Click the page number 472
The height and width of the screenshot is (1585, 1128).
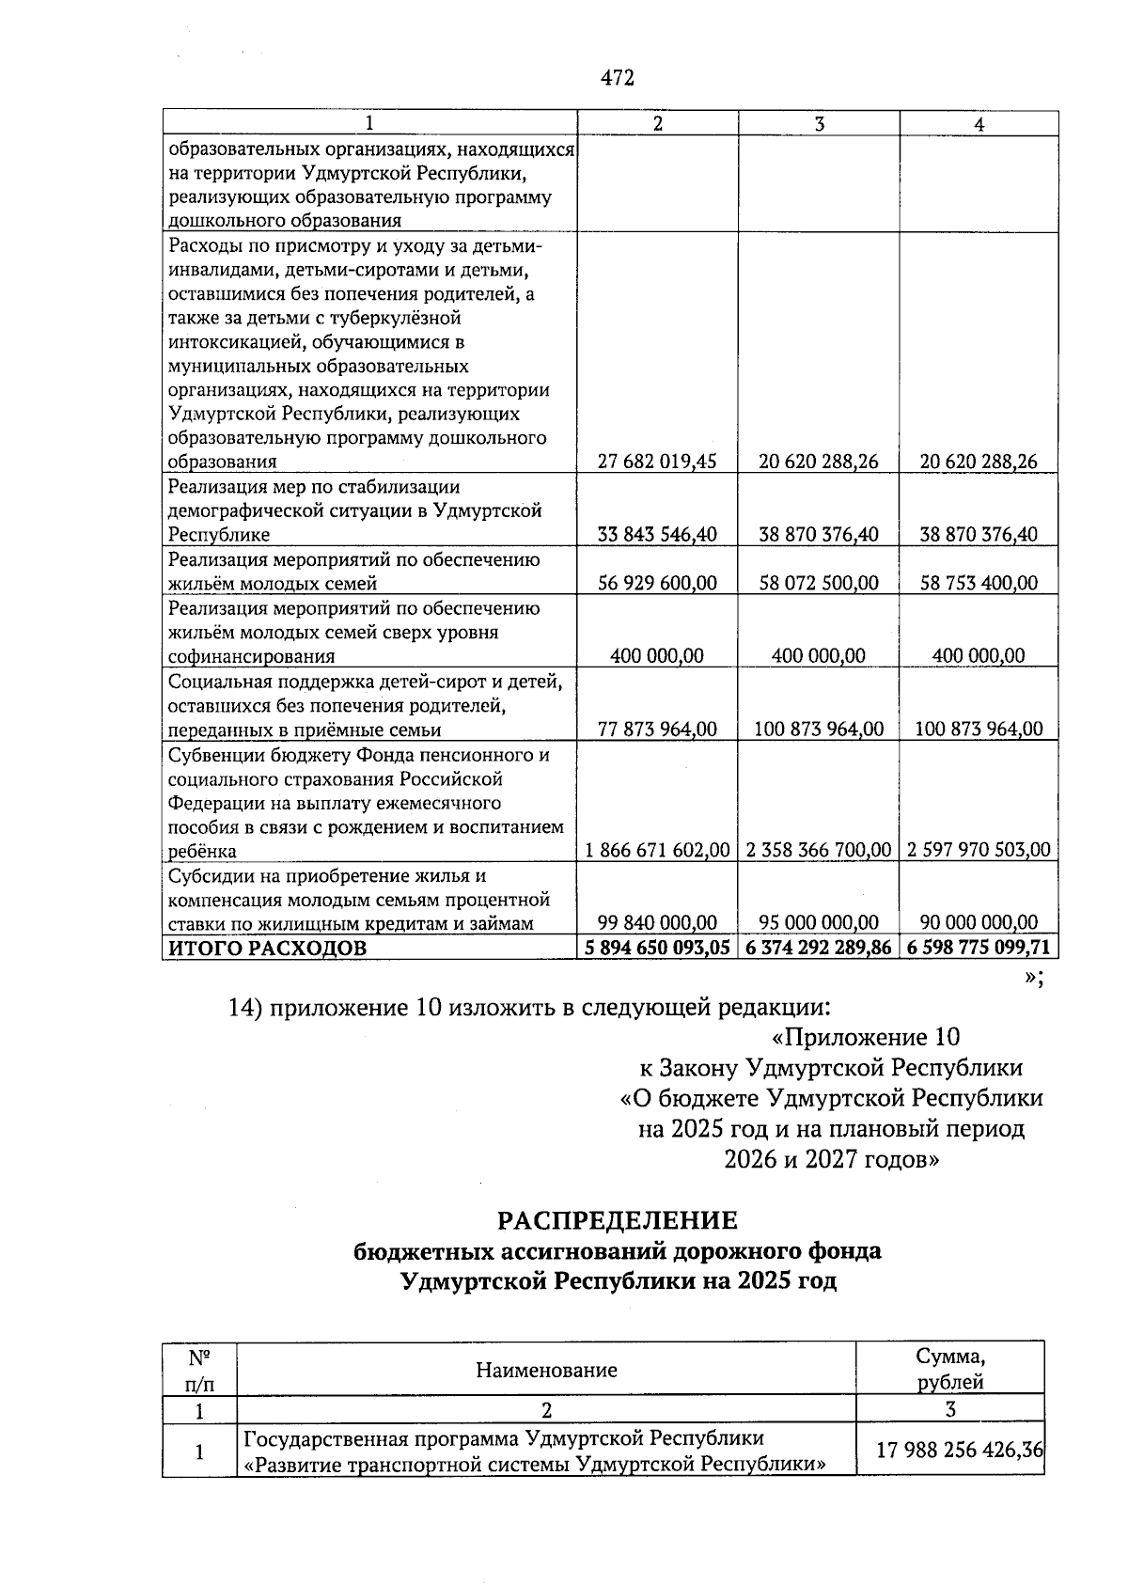(618, 78)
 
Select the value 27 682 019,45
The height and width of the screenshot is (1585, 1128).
(657, 462)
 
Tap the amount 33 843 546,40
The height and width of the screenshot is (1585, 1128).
(657, 535)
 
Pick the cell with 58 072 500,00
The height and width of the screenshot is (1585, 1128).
(819, 583)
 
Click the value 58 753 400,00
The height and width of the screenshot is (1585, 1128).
(979, 583)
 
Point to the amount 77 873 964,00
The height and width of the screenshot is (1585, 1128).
(657, 729)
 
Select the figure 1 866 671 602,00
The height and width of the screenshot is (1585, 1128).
(657, 850)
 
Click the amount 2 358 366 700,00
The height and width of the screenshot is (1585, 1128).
(819, 850)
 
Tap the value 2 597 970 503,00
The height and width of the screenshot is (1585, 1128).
(979, 850)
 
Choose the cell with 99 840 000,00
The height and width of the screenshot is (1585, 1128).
(657, 922)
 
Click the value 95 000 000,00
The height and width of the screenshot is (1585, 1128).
(819, 922)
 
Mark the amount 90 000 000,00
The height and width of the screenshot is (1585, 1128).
(979, 922)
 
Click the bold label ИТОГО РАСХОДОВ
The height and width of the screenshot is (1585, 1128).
(267, 948)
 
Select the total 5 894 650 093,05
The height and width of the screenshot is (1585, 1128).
(657, 948)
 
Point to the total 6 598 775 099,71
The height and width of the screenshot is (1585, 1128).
(979, 948)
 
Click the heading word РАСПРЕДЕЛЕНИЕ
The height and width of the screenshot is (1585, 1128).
(618, 1221)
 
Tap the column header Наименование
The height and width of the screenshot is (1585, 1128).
(546, 1370)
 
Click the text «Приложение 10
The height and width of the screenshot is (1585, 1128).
(865, 1037)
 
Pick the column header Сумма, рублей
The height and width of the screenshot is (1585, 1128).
(950, 1369)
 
